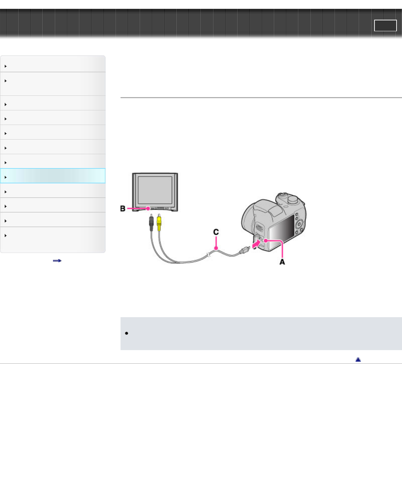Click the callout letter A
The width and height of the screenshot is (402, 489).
click(282, 262)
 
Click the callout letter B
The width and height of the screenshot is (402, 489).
click(123, 209)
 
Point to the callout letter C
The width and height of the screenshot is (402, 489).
click(216, 232)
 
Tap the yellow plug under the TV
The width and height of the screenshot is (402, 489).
click(159, 222)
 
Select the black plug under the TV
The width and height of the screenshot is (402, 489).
click(151, 222)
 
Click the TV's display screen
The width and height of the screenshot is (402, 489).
click(155, 190)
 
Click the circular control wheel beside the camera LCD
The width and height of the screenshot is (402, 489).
click(299, 224)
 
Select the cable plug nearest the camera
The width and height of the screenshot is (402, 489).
click(244, 251)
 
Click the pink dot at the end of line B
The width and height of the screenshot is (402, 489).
click(148, 209)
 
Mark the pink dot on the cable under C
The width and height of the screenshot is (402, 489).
click(216, 248)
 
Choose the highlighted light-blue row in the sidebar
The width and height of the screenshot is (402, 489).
click(53, 176)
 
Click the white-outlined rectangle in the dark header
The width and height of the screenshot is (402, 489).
click(385, 25)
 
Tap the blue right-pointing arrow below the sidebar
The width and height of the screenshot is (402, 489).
click(57, 260)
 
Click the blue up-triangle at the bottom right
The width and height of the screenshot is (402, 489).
click(358, 359)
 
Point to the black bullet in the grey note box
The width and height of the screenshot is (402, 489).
click(126, 333)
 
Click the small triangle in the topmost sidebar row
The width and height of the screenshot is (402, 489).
click(6, 66)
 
